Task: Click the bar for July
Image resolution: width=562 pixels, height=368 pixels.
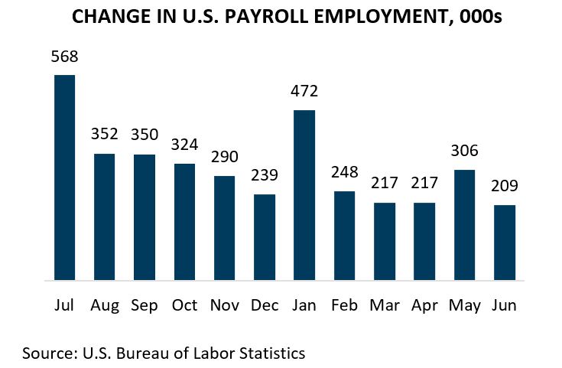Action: coord(64,177)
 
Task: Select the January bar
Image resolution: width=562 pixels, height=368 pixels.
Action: coord(304,195)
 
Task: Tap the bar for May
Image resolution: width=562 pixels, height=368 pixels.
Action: coord(465,225)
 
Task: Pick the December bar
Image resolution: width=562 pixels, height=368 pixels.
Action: coord(264,237)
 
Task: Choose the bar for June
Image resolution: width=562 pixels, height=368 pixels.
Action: coord(505,243)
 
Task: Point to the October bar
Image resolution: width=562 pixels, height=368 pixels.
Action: coord(184,222)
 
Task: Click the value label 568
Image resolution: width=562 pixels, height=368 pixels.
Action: coord(64,57)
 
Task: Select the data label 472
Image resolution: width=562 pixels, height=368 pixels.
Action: coord(304,92)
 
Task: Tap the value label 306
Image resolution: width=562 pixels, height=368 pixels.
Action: coord(465,151)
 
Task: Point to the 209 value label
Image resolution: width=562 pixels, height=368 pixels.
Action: coord(505,187)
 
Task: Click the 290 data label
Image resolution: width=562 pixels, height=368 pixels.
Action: coord(224,158)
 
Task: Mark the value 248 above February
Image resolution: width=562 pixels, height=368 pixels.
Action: coord(344,173)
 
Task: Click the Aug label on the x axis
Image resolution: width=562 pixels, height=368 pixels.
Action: coord(105,305)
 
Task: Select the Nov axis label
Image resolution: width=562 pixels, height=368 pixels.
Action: coord(224,305)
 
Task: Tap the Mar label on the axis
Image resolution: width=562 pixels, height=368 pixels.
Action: coord(384,305)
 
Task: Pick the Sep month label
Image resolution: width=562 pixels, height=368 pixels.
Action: coord(145,305)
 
